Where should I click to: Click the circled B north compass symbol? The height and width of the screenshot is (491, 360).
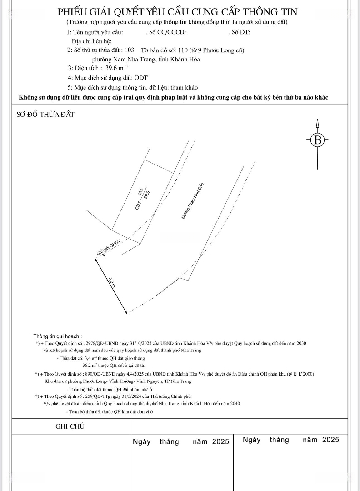pos(318,140)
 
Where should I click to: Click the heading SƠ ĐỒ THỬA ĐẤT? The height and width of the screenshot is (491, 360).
pos(45,115)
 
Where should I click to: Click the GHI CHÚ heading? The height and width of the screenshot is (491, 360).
pos(70,426)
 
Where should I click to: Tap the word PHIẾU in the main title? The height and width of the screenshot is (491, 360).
pos(75,11)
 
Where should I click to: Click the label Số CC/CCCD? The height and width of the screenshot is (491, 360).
pos(166,32)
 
